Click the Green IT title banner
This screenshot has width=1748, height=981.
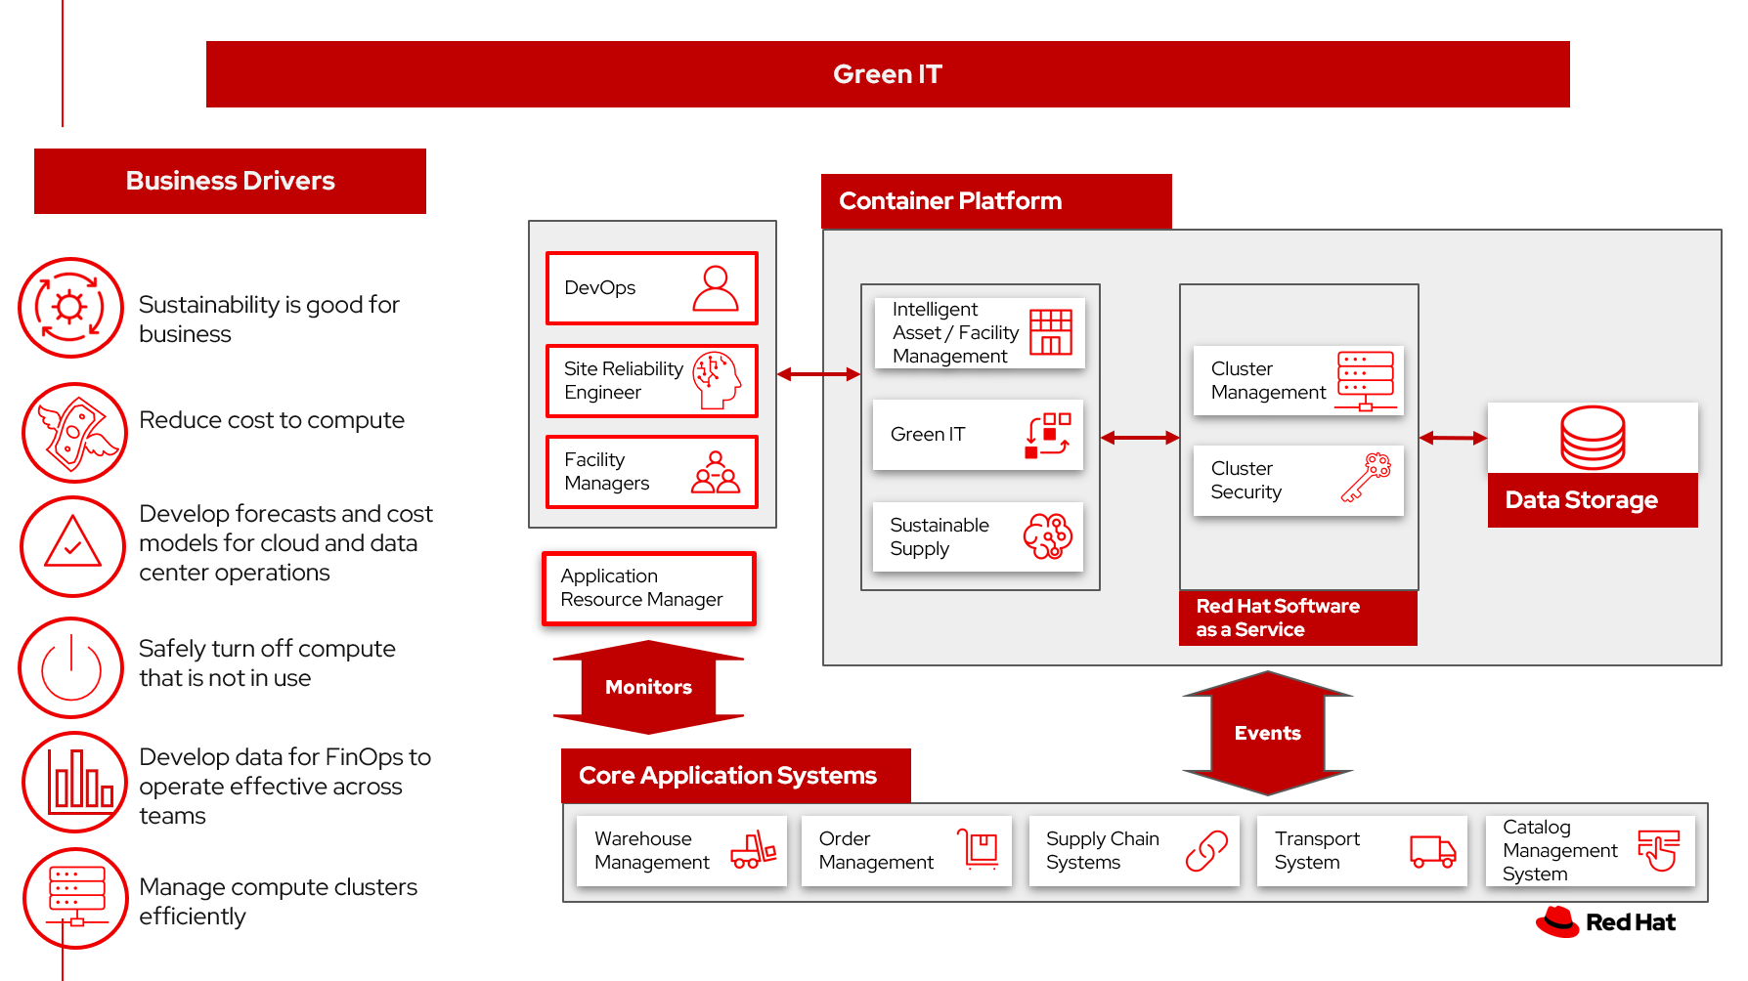tap(887, 74)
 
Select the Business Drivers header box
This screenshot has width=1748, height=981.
tap(230, 181)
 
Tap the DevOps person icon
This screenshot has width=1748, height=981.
tap(716, 288)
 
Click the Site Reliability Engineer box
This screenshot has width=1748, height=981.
tap(651, 381)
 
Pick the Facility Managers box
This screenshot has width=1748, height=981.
tap(651, 472)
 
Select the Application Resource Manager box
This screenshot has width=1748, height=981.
tap(649, 588)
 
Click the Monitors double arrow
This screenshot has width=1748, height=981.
tap(648, 687)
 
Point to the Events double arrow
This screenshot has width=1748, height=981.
tap(1267, 733)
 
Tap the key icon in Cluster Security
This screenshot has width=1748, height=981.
tap(1366, 478)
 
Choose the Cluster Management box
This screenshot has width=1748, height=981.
tap(1298, 381)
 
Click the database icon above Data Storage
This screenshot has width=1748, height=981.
tap(1593, 438)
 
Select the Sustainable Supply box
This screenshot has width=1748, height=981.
tap(978, 536)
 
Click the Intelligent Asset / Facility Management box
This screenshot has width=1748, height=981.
tap(979, 333)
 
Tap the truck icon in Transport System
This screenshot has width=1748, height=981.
tap(1432, 851)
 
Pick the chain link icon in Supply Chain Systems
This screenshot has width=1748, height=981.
tap(1206, 851)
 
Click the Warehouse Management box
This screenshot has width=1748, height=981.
tap(681, 851)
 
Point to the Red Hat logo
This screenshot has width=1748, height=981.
tap(1605, 921)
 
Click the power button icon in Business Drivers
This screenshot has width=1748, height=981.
tap(71, 667)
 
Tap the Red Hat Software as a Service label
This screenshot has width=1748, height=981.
tap(1297, 618)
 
